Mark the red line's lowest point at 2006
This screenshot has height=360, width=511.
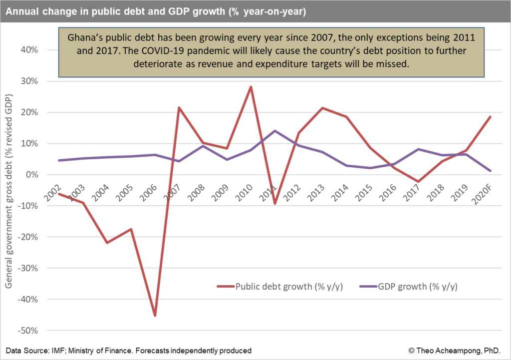click(155, 316)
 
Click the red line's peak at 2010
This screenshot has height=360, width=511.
click(251, 87)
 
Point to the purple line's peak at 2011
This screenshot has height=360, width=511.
click(274, 131)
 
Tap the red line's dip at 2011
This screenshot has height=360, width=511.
click(274, 204)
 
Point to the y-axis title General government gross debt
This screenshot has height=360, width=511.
click(9, 204)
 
